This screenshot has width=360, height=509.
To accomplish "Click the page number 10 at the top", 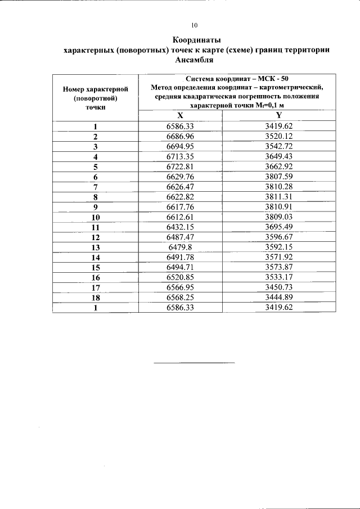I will pyautogui.click(x=195, y=25).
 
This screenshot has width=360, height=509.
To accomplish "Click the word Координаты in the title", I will pyautogui.click(x=196, y=40).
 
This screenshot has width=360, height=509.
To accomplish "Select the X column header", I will pyautogui.click(x=180, y=115).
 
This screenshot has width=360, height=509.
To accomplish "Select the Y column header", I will pyautogui.click(x=278, y=115).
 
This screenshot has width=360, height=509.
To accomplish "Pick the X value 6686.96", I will pyautogui.click(x=180, y=136).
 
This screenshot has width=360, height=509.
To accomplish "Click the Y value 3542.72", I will pyautogui.click(x=279, y=146).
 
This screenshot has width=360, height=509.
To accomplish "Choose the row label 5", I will pyautogui.click(x=96, y=167).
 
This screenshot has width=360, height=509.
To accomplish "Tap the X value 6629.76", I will pyautogui.click(x=180, y=177).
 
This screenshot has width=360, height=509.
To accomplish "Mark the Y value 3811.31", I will pyautogui.click(x=279, y=197).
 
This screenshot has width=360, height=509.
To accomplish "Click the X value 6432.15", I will pyautogui.click(x=180, y=226).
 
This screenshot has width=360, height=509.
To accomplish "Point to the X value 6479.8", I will pyautogui.click(x=180, y=246).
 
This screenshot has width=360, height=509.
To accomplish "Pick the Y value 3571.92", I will pyautogui.click(x=279, y=256).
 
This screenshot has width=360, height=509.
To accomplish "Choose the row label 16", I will pyautogui.click(x=96, y=278).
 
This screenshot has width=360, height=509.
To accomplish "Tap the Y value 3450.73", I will pyautogui.click(x=279, y=287).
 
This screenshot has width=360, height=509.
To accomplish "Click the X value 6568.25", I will pyautogui.click(x=180, y=297).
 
